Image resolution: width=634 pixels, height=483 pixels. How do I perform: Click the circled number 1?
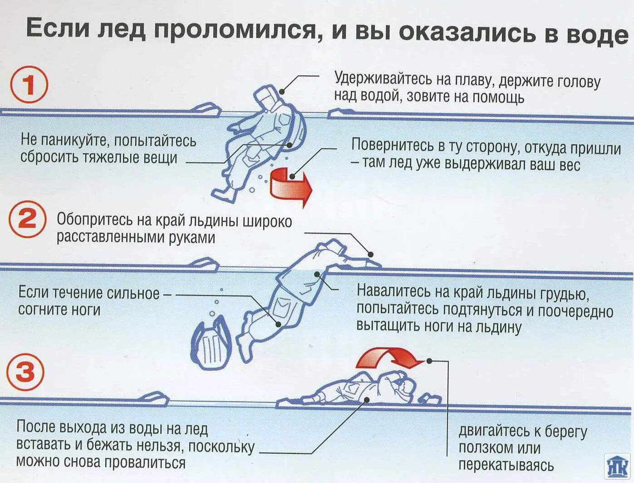pos(29,85)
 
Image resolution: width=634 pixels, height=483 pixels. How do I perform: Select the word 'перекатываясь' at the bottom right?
pos(506,465)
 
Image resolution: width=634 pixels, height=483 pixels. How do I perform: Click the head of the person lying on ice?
pos(405,387)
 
